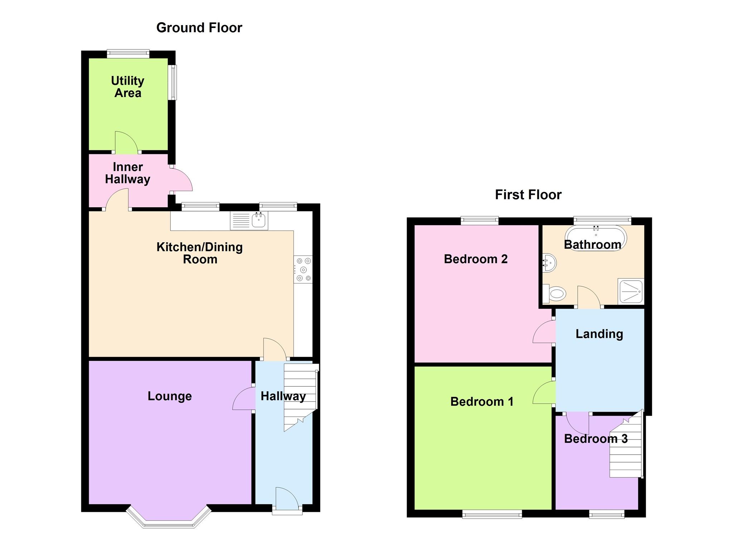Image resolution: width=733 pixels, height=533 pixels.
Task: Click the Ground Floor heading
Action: point(199,28)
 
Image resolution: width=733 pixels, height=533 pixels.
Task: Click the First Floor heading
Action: point(528,195)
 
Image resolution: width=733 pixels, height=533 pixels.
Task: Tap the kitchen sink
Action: point(249,220)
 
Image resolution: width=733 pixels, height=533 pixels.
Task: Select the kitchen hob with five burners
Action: point(303,269)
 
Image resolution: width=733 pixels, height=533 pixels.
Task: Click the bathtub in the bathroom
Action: point(596,237)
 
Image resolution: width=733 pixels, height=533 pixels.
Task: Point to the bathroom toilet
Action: point(554,294)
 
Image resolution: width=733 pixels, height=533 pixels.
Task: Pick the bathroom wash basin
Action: point(549,263)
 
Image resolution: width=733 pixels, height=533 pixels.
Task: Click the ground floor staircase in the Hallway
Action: point(300,397)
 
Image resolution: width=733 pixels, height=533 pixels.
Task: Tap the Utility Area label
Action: point(128,87)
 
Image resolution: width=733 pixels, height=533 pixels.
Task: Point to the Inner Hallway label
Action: point(128,173)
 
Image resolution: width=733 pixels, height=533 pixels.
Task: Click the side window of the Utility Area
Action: point(173,82)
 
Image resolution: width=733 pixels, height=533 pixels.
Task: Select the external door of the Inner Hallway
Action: point(181,180)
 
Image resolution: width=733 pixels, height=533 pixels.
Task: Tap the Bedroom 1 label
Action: point(482,402)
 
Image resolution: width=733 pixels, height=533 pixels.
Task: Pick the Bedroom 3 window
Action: point(607,515)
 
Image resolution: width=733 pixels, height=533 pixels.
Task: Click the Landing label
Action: point(599,334)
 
